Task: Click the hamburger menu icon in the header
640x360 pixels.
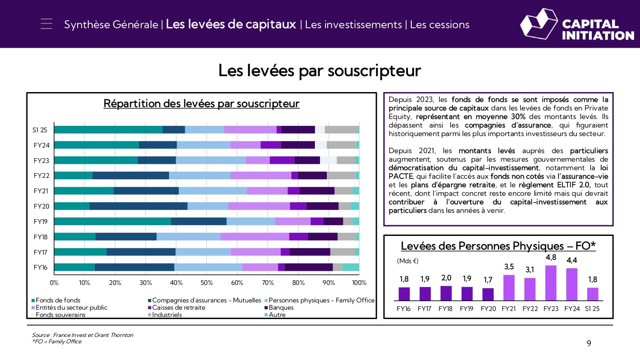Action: point(47,24)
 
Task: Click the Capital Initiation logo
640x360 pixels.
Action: point(577,25)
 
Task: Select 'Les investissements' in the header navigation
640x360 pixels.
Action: point(353,25)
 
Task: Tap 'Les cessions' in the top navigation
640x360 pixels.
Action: point(439,25)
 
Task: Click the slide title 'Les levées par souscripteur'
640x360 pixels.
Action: point(320,71)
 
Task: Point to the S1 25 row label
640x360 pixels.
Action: point(40,130)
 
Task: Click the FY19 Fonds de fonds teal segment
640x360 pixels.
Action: point(113,221)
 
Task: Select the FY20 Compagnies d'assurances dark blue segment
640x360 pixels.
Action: point(138,206)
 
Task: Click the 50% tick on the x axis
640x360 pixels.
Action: point(207,283)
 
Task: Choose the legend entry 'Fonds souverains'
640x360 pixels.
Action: point(60,315)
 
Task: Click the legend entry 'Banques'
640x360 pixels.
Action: point(281,308)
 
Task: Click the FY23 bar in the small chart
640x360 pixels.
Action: point(551,283)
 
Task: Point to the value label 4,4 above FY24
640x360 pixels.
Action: point(572,260)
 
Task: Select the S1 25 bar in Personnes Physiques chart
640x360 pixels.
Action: point(593,294)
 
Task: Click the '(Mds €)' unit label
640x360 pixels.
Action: point(407,261)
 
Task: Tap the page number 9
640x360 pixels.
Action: point(589,343)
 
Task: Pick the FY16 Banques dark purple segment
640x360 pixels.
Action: point(308,267)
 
